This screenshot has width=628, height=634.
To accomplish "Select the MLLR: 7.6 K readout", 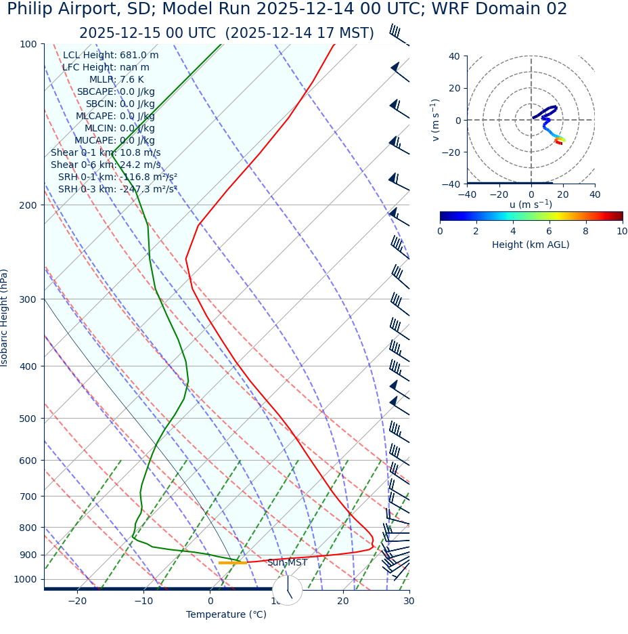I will pos(116,80).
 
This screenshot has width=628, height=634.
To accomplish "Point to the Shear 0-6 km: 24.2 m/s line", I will pos(106,165).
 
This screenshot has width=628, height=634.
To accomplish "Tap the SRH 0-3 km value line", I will pos(117,189).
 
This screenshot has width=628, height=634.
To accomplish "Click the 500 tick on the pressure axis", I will pos(28,419).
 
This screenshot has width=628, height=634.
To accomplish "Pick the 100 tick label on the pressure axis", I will pos(28,44).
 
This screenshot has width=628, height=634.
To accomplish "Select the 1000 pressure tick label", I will pos(25,579).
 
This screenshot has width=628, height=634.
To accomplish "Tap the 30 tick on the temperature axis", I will pos(409,601).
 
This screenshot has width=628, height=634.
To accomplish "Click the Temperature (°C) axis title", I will pos(226,614).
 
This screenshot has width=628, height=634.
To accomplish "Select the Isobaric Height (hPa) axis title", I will pos(5,318).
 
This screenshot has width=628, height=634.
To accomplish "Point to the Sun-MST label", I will pos(287,563).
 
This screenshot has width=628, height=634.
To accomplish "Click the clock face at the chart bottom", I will pos(287,590).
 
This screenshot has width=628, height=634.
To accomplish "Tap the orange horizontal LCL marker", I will pos(232,563).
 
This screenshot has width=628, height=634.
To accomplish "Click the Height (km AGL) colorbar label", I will pos(531,245).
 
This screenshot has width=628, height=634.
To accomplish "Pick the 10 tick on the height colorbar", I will pos(622,232).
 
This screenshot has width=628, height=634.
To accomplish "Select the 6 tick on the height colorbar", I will pos(549,232).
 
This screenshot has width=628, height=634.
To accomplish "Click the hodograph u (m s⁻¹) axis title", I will pos(531,205).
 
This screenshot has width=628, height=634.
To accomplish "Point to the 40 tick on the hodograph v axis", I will pos(453,56).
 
